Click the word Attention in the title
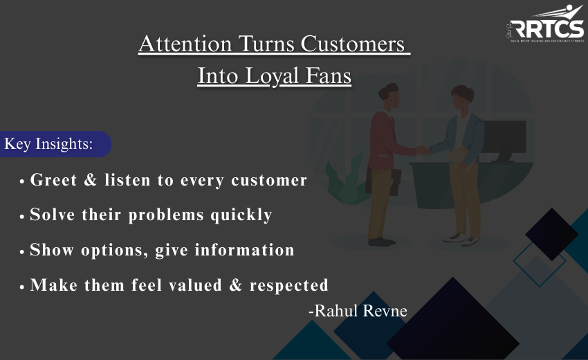coord(185,44)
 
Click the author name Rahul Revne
coord(358,311)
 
